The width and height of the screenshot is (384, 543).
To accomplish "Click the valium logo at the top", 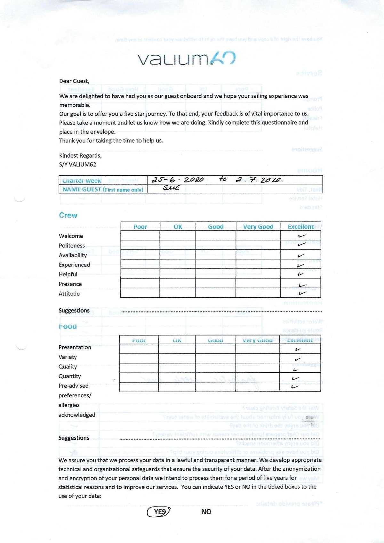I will coord(187,58).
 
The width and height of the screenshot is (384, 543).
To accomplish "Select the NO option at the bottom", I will coord(206,512).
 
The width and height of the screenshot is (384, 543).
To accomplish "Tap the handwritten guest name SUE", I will coord(171,188).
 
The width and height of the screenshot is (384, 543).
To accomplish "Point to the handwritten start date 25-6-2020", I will coord(178,180).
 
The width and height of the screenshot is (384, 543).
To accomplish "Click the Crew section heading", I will coord(68,215).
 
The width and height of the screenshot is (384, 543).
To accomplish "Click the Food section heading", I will coord(68,326).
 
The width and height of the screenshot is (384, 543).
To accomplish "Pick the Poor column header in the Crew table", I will coord(140,227).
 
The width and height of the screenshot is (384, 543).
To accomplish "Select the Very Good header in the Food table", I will coord(257,340).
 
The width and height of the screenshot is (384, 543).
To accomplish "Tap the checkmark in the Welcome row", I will coord(302,236).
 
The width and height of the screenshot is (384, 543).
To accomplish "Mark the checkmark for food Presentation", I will coord(298,349).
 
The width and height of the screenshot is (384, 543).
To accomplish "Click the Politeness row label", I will coord(72,246).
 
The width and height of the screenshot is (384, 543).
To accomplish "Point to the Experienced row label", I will coord(75,265).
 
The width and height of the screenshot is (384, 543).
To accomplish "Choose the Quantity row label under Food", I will coord(70,376).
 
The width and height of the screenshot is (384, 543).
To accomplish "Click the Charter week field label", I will coord(82,181).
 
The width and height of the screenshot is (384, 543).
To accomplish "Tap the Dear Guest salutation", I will coord(74,81).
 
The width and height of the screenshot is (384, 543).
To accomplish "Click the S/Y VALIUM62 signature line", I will coord(77,165).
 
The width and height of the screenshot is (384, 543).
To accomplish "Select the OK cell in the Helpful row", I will coord(178,274).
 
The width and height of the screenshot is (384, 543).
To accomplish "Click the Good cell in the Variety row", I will coord(215,358).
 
